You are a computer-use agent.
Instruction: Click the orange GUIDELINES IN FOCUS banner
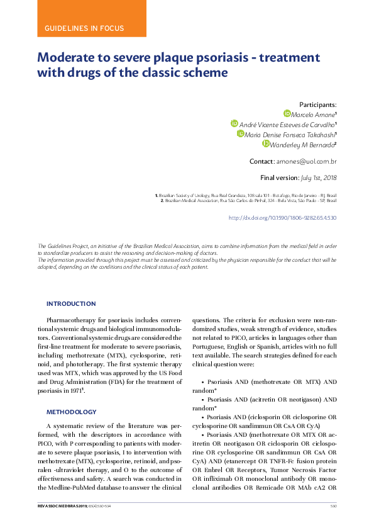point(84,28)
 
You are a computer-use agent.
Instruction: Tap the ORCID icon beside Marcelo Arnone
point(287,113)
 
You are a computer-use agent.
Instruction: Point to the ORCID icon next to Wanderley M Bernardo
point(266,144)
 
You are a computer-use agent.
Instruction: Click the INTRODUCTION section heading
point(71,303)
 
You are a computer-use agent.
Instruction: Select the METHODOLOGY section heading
point(72,412)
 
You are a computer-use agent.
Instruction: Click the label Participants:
point(318,104)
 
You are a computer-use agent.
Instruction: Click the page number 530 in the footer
point(333,505)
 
